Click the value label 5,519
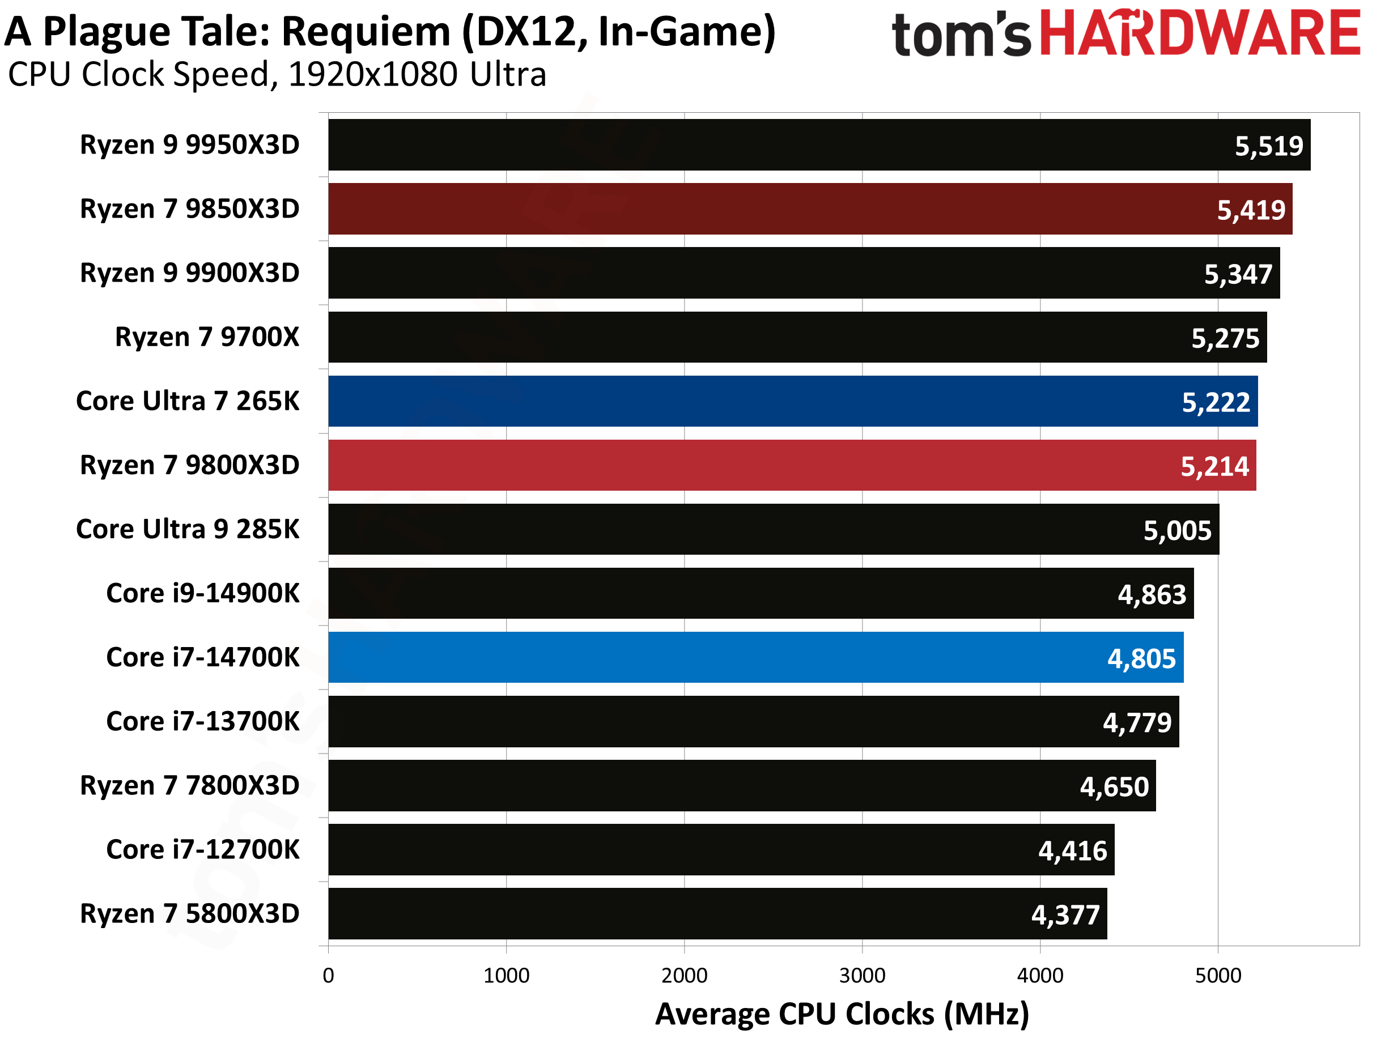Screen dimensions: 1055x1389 [1269, 146]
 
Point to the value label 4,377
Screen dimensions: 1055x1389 [1065, 915]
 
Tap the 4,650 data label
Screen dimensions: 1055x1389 [1114, 787]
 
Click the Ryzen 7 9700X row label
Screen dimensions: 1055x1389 [207, 337]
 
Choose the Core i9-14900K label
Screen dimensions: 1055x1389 [203, 593]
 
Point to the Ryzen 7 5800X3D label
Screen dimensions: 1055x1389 [190, 914]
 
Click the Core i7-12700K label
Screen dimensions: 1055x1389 [203, 850]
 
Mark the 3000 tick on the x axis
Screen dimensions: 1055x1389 [862, 976]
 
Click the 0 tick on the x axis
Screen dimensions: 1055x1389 [329, 976]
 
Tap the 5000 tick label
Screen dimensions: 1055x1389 [1218, 976]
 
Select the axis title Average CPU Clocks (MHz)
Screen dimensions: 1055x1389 [842, 1014]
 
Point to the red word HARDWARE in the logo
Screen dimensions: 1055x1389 [1200, 33]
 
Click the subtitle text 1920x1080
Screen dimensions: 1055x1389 [373, 75]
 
